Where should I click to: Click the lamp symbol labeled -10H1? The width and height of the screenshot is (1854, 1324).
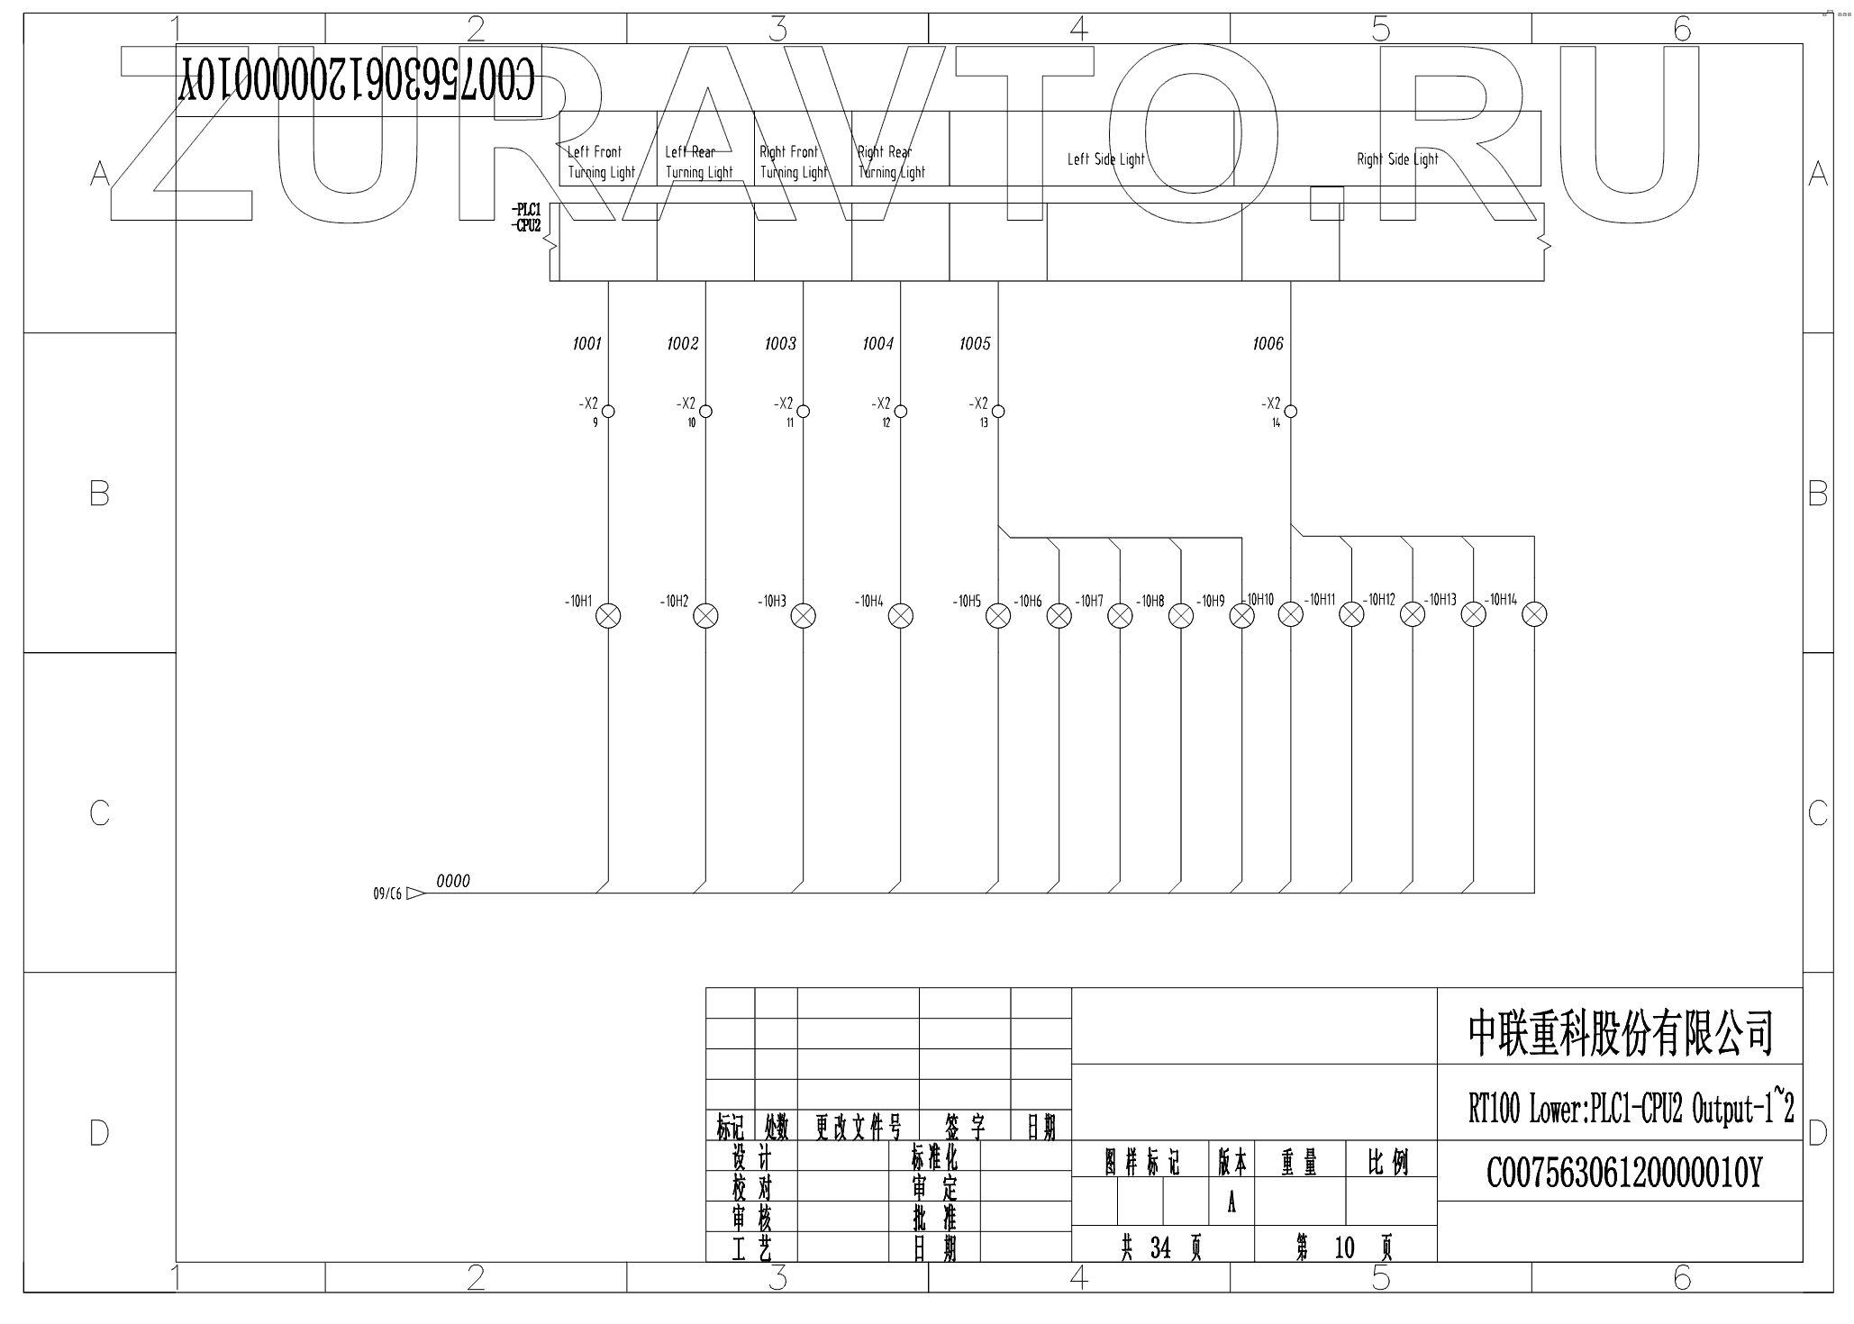pyautogui.click(x=609, y=616)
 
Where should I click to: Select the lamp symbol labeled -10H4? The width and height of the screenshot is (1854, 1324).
pyautogui.click(x=901, y=616)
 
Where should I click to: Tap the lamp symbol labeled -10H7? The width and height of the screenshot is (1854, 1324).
pyautogui.click(x=1120, y=616)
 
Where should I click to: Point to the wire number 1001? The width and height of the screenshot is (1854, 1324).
pyautogui.click(x=586, y=344)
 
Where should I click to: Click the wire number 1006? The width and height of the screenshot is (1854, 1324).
pyautogui.click(x=1268, y=344)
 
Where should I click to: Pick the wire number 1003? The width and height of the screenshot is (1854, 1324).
pyautogui.click(x=780, y=344)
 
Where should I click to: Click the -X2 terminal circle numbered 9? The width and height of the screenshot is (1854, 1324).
pyautogui.click(x=608, y=412)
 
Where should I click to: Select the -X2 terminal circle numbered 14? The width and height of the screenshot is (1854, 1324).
pyautogui.click(x=1290, y=412)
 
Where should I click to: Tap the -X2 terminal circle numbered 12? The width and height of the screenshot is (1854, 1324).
pyautogui.click(x=900, y=412)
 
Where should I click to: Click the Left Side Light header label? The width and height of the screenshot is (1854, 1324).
pyautogui.click(x=1105, y=159)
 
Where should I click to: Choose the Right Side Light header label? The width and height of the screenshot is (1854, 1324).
pyautogui.click(x=1397, y=159)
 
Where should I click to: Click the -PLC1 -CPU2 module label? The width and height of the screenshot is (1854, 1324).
pyautogui.click(x=526, y=219)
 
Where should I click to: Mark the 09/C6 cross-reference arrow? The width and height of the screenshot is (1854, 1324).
pyautogui.click(x=415, y=893)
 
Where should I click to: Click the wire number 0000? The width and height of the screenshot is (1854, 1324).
pyautogui.click(x=453, y=882)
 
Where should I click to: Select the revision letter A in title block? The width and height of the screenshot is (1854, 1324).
pyautogui.click(x=1231, y=1203)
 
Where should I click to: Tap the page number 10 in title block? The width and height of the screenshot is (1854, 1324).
pyautogui.click(x=1344, y=1247)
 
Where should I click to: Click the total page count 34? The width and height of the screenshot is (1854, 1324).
pyautogui.click(x=1160, y=1247)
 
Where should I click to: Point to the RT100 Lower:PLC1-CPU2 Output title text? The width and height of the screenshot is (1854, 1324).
pyautogui.click(x=1631, y=1109)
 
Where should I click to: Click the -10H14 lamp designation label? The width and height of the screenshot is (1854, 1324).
pyautogui.click(x=1502, y=600)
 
